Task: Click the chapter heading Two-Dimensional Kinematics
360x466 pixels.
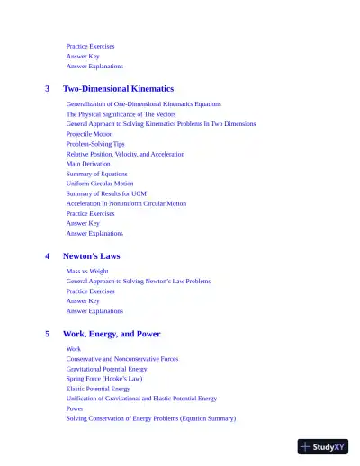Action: click(118, 89)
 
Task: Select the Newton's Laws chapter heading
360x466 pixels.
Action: click(91, 256)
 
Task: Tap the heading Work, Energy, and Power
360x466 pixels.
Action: click(112, 334)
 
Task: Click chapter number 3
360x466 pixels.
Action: click(48, 89)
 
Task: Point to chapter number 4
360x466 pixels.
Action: click(48, 256)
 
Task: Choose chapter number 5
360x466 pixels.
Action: click(48, 334)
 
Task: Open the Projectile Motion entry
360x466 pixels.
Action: click(89, 134)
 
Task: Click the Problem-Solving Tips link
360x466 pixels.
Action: click(95, 144)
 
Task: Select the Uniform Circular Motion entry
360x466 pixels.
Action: click(99, 184)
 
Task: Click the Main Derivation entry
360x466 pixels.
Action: click(88, 164)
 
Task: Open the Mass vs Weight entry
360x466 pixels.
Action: click(86, 272)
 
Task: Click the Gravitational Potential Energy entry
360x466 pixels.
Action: click(106, 369)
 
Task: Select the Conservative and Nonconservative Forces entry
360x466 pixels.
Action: click(121, 359)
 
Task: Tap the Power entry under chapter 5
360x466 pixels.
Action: click(75, 408)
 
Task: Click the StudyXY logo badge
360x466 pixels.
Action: click(323, 446)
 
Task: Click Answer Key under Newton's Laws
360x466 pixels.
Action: click(83, 301)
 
